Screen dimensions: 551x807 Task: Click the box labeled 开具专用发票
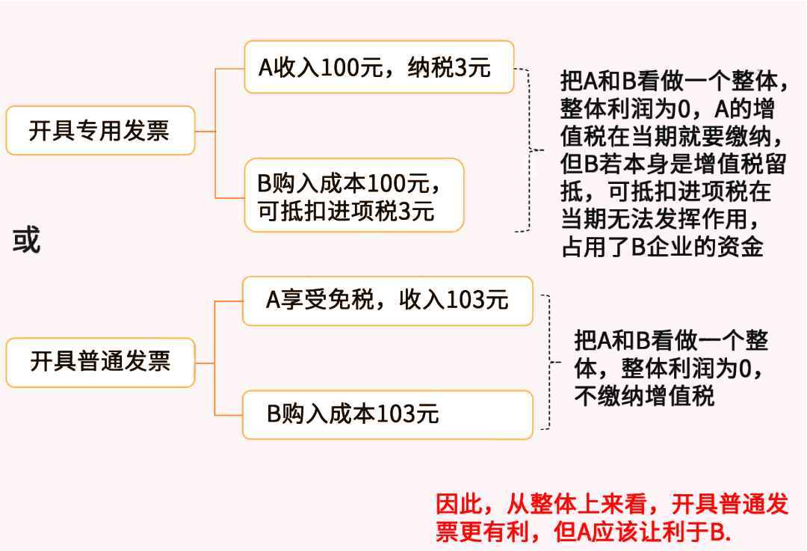click(100, 131)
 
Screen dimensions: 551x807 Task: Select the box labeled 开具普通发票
click(100, 363)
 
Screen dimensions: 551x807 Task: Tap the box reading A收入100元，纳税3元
click(379, 68)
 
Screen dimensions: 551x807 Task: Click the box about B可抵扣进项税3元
click(354, 195)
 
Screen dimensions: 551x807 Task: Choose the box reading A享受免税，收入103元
click(387, 301)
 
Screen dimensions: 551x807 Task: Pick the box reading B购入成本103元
click(387, 413)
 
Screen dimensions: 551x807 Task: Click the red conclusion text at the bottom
click(611, 517)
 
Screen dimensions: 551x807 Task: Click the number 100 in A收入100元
click(341, 69)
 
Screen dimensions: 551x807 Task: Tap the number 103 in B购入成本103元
click(398, 414)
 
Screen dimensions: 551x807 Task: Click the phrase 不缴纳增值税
click(644, 395)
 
